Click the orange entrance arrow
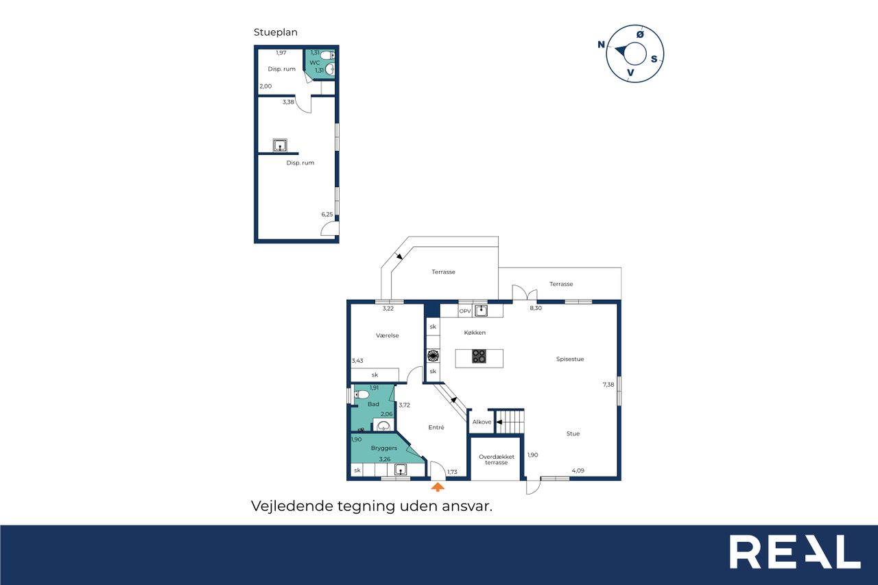pyautogui.click(x=438, y=487)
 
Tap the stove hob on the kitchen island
pyautogui.click(x=479, y=356)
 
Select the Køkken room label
pyautogui.click(x=475, y=333)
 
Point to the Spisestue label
pyautogui.click(x=570, y=359)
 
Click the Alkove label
pyautogui.click(x=482, y=422)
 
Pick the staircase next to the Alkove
pyautogui.click(x=510, y=421)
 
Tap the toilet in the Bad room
pyautogui.click(x=361, y=394)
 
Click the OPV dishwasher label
pyautogui.click(x=465, y=311)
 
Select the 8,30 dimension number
pyautogui.click(x=536, y=308)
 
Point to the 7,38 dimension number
pyautogui.click(x=608, y=384)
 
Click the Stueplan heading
pyautogui.click(x=276, y=32)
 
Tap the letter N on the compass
pyautogui.click(x=601, y=45)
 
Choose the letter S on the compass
pyautogui.click(x=654, y=59)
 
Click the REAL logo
pyautogui.click(x=795, y=551)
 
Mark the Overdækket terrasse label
pyautogui.click(x=497, y=459)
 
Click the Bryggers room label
pyautogui.click(x=383, y=448)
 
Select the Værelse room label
pyautogui.click(x=388, y=335)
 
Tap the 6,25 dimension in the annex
pyautogui.click(x=327, y=215)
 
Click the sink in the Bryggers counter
pyautogui.click(x=400, y=469)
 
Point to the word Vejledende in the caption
pyautogui.click(x=292, y=506)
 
